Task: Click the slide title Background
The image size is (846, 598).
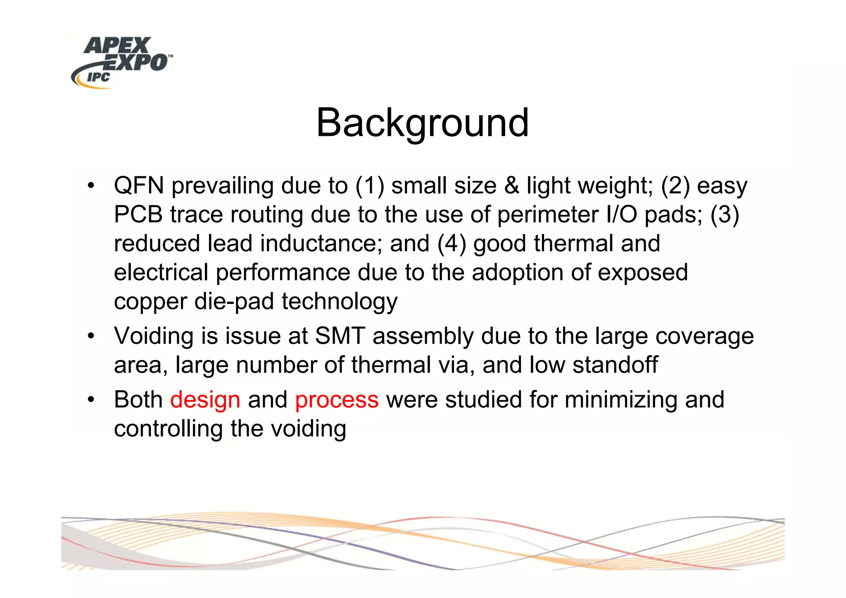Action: (422, 123)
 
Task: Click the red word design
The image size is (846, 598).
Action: (205, 400)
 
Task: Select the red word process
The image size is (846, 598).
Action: (337, 400)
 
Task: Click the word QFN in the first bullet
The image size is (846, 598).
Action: (139, 185)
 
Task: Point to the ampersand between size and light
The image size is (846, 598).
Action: (511, 185)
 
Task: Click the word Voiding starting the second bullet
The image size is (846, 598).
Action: (154, 336)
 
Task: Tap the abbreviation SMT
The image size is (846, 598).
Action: (340, 336)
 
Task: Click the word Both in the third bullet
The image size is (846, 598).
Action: (138, 400)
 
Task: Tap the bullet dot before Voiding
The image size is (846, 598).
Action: (91, 335)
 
